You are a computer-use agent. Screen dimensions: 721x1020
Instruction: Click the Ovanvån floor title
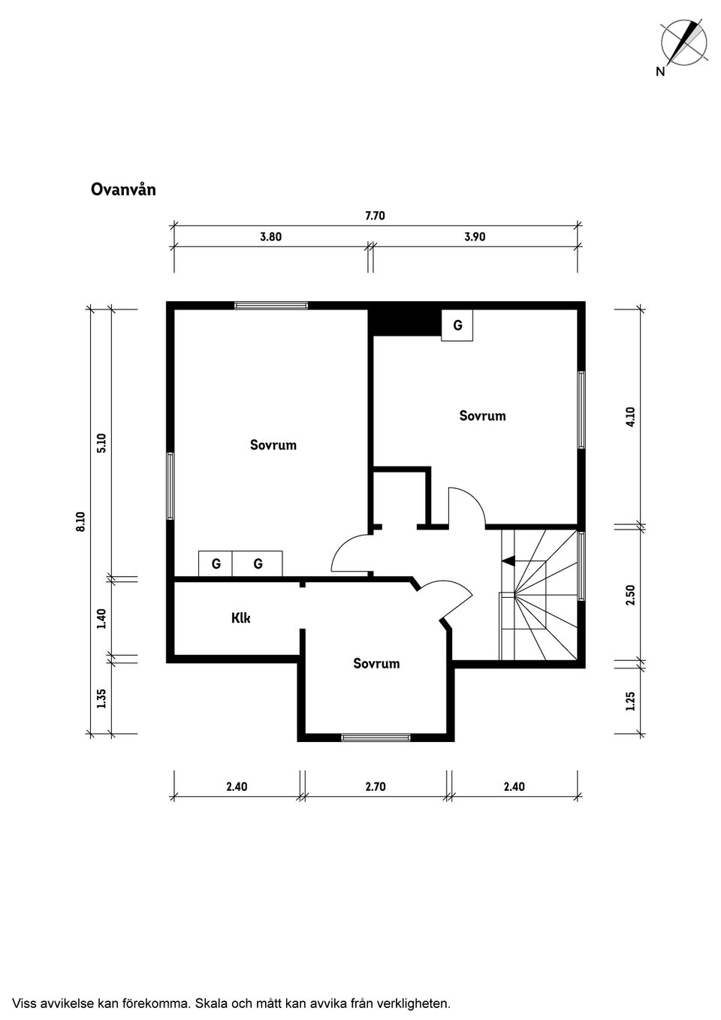click(123, 189)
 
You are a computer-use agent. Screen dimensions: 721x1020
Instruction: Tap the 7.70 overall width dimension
click(375, 216)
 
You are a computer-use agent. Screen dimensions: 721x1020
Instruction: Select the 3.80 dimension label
click(271, 237)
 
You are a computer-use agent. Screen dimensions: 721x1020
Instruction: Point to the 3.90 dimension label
click(475, 237)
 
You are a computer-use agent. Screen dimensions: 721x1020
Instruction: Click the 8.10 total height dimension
click(80, 521)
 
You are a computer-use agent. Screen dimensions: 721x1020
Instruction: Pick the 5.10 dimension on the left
click(101, 442)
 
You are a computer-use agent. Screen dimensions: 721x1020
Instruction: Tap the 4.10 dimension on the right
click(630, 417)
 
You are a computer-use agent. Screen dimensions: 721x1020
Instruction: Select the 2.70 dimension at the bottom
click(376, 787)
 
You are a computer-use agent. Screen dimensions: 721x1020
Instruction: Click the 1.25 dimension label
click(630, 702)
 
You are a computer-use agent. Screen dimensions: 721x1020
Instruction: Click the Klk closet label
click(241, 618)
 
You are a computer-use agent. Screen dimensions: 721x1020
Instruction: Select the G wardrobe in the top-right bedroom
click(457, 325)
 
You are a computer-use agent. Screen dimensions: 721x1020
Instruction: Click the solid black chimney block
click(405, 322)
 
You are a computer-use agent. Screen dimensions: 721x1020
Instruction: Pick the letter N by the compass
click(660, 71)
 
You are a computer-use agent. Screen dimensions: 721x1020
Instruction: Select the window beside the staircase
click(581, 566)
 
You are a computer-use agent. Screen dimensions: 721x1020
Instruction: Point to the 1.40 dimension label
click(101, 619)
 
